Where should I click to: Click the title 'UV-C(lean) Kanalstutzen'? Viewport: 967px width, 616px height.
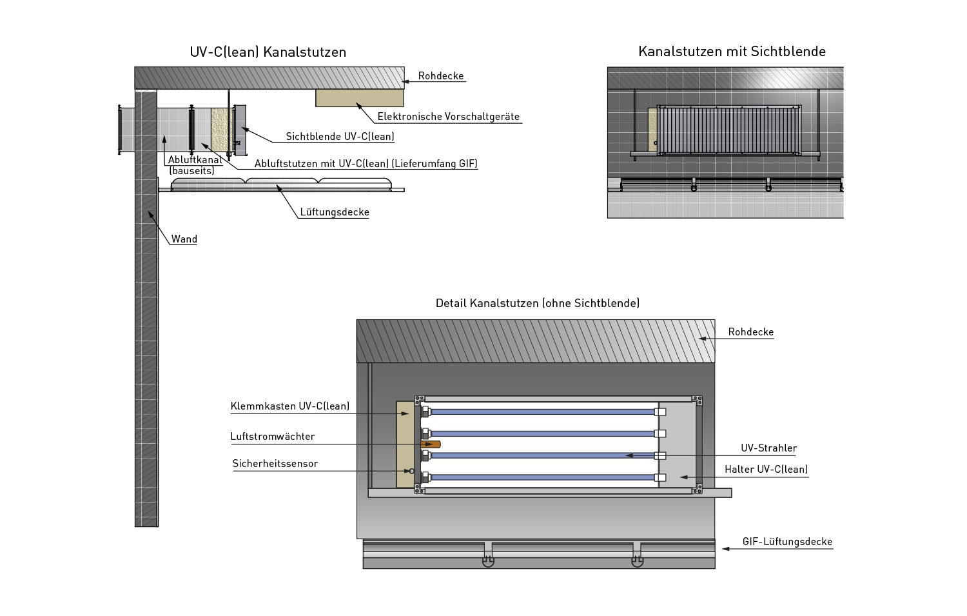pyautogui.click(x=268, y=52)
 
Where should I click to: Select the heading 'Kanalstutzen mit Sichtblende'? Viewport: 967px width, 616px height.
pyautogui.click(x=732, y=52)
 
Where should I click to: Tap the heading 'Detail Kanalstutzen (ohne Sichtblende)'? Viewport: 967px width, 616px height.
pyautogui.click(x=538, y=303)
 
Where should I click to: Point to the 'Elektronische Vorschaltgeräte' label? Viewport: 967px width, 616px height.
pyautogui.click(x=448, y=117)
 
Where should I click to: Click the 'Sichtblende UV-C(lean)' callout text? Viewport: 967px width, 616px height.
pyautogui.click(x=340, y=137)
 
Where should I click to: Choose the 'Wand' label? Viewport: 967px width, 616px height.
pyautogui.click(x=184, y=239)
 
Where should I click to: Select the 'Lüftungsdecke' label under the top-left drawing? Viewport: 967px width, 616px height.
pyautogui.click(x=335, y=212)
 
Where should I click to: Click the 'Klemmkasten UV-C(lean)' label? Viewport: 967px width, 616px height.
pyautogui.click(x=290, y=406)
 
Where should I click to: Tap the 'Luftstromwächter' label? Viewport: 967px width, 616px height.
pyautogui.click(x=273, y=437)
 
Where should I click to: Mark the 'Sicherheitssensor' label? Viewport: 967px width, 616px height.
pyautogui.click(x=275, y=464)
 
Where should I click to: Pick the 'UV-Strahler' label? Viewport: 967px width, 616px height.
pyautogui.click(x=768, y=448)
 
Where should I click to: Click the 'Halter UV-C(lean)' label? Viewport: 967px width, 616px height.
pyautogui.click(x=766, y=470)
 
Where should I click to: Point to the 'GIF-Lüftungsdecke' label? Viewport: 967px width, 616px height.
pyautogui.click(x=787, y=542)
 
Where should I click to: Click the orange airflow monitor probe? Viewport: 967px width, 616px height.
pyautogui.click(x=431, y=444)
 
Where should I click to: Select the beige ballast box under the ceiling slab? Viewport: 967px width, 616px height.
pyautogui.click(x=359, y=97)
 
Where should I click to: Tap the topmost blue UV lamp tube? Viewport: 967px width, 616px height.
pyautogui.click(x=542, y=412)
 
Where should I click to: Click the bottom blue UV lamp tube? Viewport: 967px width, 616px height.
pyautogui.click(x=542, y=478)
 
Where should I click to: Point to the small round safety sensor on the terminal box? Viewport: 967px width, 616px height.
pyautogui.click(x=412, y=472)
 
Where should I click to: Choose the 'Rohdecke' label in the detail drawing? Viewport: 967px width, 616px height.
pyautogui.click(x=750, y=332)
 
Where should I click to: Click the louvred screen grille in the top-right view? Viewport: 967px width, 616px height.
pyautogui.click(x=728, y=130)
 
